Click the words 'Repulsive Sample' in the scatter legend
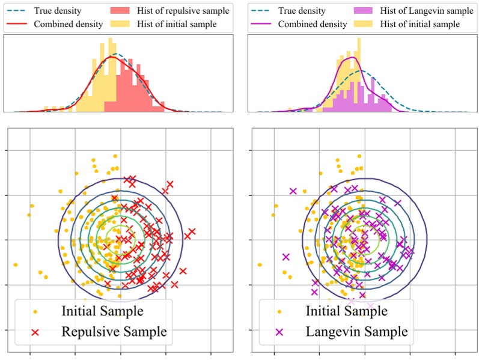click(114, 331)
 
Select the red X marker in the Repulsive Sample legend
click(35, 332)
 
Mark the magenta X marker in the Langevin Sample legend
click(279, 332)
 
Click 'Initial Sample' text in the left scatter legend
click(102, 311)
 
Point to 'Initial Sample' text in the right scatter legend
click(346, 311)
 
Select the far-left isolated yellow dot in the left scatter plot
click(16, 264)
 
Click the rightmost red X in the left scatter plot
click(192, 231)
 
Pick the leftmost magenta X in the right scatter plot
click(285, 257)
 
